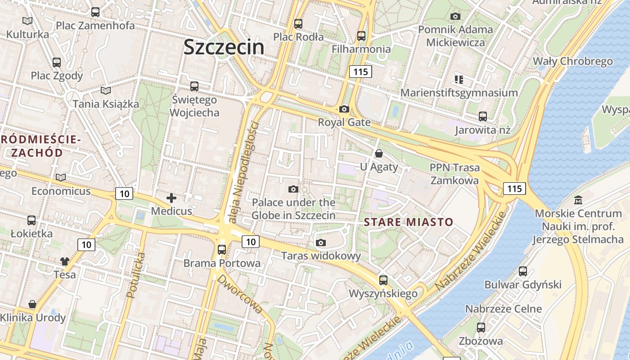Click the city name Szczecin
224,47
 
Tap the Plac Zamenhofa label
95,25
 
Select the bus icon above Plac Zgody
56,63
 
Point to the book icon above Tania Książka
106,91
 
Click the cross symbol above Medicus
171,198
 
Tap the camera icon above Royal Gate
344,109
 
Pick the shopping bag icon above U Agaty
379,154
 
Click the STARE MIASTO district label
408,222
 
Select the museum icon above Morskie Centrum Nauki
578,200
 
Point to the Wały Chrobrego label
572,61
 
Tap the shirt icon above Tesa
65,261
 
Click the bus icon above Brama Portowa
221,249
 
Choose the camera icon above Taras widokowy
321,243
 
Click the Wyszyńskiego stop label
383,294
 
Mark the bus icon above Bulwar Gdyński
522,271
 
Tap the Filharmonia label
361,49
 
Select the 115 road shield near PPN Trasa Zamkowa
514,188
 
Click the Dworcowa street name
240,293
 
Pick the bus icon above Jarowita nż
483,117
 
